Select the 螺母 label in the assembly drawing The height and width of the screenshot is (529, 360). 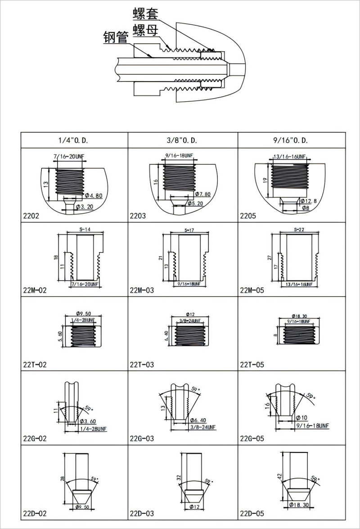pos(145,31)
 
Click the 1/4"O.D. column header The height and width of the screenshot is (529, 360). pos(73,140)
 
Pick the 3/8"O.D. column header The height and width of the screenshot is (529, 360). pos(183,140)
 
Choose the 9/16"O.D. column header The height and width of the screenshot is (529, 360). pos(291,140)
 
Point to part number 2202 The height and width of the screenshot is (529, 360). pos(31,216)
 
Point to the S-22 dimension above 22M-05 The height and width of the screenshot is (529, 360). pos(298,230)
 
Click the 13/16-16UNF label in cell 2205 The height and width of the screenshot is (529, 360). pos(290,157)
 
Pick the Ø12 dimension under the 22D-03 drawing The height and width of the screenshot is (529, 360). pos(195,507)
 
